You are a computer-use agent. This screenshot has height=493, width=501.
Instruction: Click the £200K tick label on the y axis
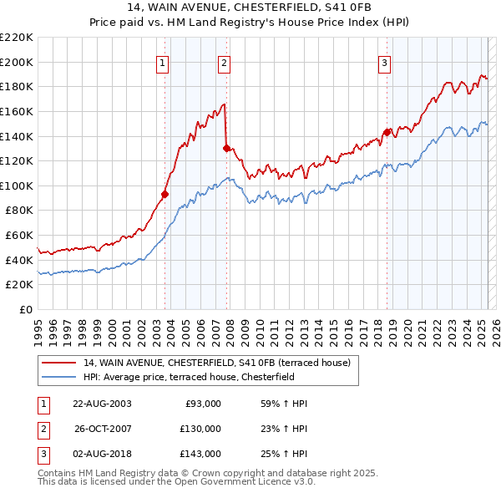tap(18, 62)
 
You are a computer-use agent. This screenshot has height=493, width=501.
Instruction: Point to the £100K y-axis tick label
tap(18, 186)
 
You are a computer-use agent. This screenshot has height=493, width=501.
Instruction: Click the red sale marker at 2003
tap(164, 194)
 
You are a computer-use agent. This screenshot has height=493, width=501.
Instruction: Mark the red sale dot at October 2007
tap(227, 148)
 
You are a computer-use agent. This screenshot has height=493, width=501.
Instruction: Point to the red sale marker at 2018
tap(387, 132)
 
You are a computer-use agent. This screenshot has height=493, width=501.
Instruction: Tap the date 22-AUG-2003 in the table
tap(102, 404)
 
